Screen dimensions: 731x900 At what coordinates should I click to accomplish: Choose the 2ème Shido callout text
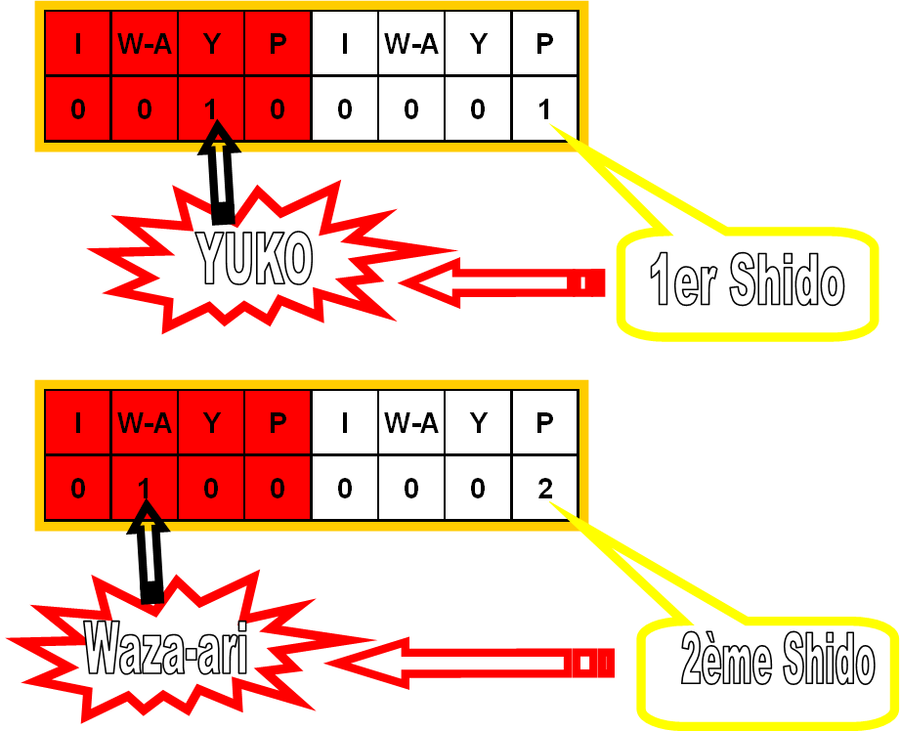pyautogui.click(x=778, y=662)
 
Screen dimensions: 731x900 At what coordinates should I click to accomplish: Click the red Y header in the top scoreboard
pyautogui.click(x=211, y=44)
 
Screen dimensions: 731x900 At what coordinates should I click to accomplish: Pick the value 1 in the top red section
pyautogui.click(x=211, y=108)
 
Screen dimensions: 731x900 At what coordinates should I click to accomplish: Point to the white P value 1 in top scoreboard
pyautogui.click(x=544, y=108)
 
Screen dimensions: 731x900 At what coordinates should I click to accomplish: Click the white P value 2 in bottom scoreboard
pyautogui.click(x=544, y=488)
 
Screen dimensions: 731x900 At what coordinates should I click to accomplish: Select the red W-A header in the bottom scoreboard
pyautogui.click(x=145, y=423)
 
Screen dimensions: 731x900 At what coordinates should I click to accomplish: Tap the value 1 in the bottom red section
pyautogui.click(x=145, y=488)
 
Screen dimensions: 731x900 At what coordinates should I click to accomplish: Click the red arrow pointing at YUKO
pyautogui.click(x=498, y=282)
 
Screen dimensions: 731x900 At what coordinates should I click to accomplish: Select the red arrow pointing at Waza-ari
pyautogui.click(x=479, y=664)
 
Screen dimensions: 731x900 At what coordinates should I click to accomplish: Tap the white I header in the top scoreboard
pyautogui.click(x=344, y=44)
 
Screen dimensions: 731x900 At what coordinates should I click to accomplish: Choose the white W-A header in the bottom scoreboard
pyautogui.click(x=410, y=423)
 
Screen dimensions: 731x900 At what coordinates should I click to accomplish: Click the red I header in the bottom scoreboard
pyautogui.click(x=78, y=423)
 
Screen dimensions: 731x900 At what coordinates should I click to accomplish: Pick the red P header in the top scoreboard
pyautogui.click(x=278, y=44)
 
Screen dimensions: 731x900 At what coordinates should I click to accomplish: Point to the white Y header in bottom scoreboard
pyautogui.click(x=477, y=423)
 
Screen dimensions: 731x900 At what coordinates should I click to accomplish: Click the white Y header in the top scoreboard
pyautogui.click(x=477, y=44)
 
